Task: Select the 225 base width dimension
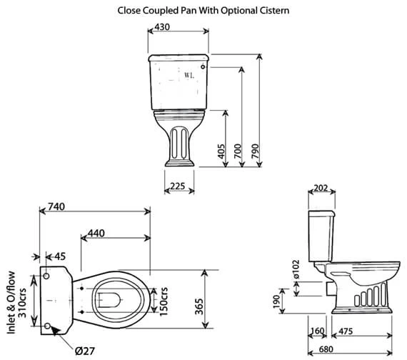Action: pos(179,186)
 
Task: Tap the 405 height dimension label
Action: pos(221,151)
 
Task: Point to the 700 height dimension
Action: pos(238,151)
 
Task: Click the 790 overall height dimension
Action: pos(255,151)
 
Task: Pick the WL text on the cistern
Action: pos(189,74)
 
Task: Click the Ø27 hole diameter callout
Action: pos(86,351)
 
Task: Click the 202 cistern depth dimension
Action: pos(321,189)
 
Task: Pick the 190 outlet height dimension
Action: pos(277,303)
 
